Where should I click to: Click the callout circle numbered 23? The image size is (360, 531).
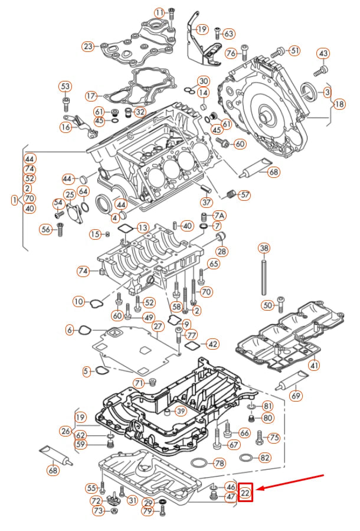point(88,46)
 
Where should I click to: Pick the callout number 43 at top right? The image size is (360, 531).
point(323,54)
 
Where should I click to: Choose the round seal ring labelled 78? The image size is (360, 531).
point(200,463)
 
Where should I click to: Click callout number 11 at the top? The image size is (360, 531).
point(160,12)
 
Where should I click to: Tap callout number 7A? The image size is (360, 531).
point(220,216)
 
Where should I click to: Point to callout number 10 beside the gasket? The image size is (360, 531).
point(79,302)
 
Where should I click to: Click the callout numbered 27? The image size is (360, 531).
point(158,327)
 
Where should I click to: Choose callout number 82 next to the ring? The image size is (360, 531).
point(266,457)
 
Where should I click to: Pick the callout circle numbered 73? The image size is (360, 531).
point(99,510)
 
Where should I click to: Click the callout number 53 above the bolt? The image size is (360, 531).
point(65,87)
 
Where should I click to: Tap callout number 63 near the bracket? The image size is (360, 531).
point(229,34)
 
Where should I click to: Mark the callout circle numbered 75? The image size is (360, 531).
point(274,438)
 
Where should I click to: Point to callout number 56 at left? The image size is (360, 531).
point(46,229)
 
